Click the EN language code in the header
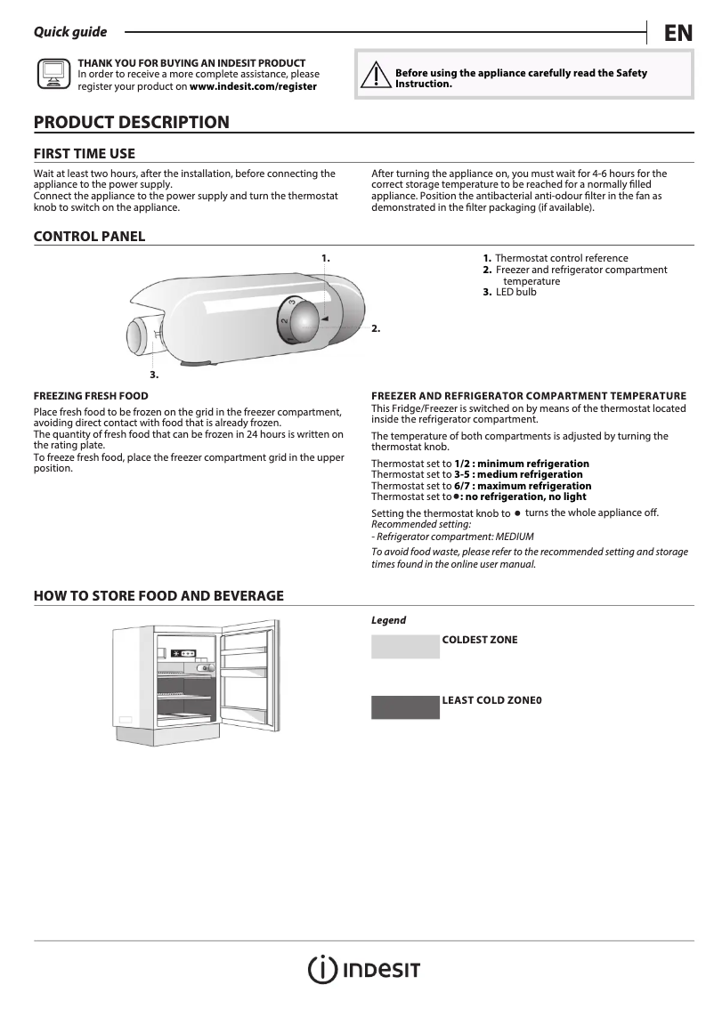tap(677, 33)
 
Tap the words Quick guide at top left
tap(69, 32)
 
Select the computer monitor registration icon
tap(53, 76)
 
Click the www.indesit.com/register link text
tap(253, 87)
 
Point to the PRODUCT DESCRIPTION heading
tap(131, 122)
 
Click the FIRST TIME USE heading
tap(85, 153)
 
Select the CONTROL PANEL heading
tap(89, 236)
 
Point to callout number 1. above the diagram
tap(326, 257)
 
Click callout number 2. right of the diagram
tap(376, 328)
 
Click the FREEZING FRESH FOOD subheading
tap(91, 395)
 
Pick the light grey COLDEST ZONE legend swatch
tap(405, 647)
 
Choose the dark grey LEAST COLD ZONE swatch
tap(405, 707)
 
